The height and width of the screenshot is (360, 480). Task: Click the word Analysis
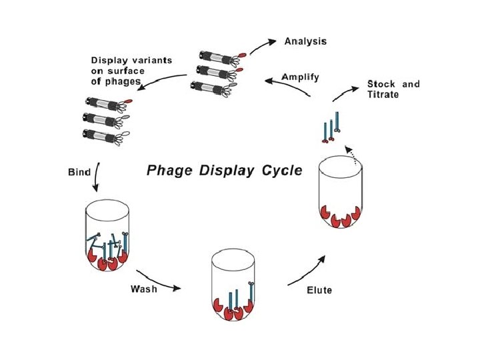[x=305, y=41]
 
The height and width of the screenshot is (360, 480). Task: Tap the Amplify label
[x=300, y=77]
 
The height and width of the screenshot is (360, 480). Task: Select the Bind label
[x=79, y=172]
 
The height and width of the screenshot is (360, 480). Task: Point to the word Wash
[x=143, y=289]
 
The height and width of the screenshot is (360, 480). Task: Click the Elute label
[x=319, y=290]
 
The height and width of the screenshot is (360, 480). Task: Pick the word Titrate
[x=383, y=94]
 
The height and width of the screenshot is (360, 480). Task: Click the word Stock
[x=381, y=84]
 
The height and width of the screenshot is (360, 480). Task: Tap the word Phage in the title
[x=169, y=171]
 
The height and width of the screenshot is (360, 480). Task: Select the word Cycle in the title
[x=282, y=170]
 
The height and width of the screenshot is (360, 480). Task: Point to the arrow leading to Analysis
[x=263, y=46]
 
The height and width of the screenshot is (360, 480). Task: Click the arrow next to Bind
[x=97, y=177]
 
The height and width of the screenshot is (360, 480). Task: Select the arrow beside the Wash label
[x=159, y=282]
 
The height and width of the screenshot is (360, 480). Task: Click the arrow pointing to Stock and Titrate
[x=345, y=94]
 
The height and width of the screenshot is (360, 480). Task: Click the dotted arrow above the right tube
[x=351, y=155]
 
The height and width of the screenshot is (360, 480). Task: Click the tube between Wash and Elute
[x=233, y=285]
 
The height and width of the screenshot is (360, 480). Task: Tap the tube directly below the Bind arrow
[x=107, y=236]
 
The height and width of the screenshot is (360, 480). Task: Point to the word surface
[x=126, y=71]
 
